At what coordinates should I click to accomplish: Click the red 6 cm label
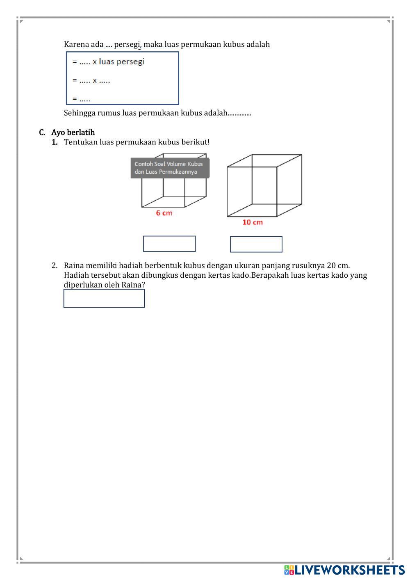(x=164, y=213)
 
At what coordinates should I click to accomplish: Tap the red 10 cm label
(x=253, y=222)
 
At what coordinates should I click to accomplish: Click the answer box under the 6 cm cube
(x=169, y=244)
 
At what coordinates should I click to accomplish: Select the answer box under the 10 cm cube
(x=256, y=244)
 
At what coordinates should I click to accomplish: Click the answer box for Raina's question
(x=104, y=298)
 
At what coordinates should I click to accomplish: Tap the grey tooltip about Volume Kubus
(x=170, y=168)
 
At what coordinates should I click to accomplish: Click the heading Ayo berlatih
(x=73, y=132)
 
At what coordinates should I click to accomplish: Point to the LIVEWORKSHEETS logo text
(x=350, y=570)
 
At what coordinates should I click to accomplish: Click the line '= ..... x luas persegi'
(x=109, y=62)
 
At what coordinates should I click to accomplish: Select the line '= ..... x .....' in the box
(x=91, y=80)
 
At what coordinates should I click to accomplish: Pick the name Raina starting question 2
(x=74, y=265)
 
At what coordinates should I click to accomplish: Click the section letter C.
(x=42, y=132)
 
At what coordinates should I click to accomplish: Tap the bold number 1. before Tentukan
(x=55, y=142)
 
